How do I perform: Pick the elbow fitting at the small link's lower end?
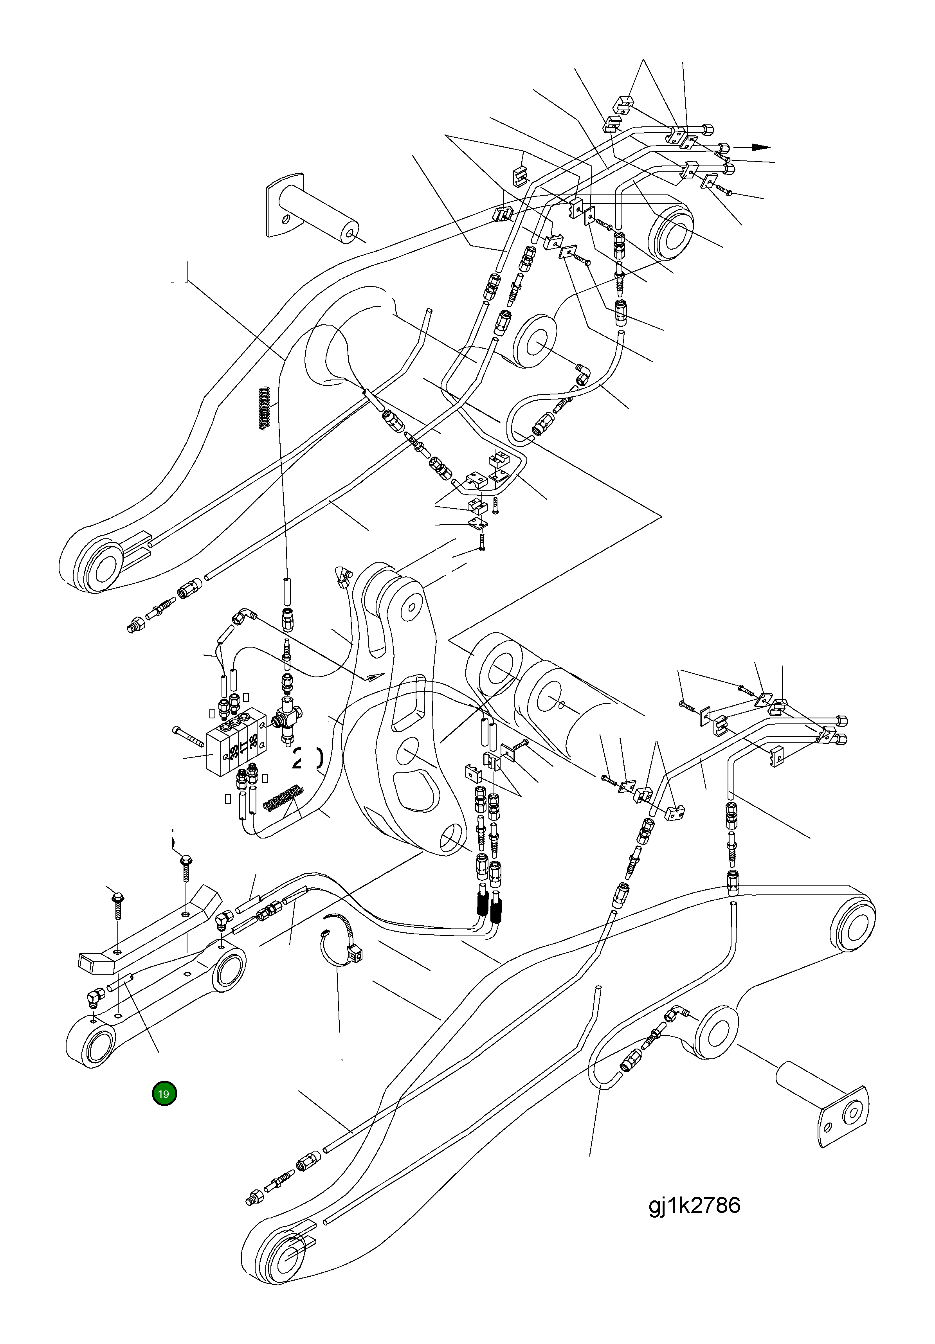[x=94, y=995]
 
